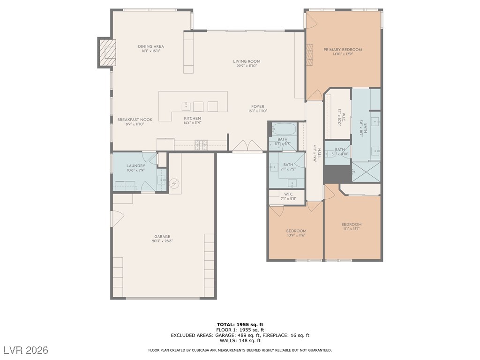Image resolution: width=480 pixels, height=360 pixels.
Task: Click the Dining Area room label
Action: tap(150, 48)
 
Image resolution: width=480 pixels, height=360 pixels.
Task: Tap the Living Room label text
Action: tap(247, 63)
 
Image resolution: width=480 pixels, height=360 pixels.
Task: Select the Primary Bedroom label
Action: tap(343, 52)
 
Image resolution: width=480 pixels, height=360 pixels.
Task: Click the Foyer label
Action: tap(257, 109)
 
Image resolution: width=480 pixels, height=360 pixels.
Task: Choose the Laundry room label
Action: tap(135, 168)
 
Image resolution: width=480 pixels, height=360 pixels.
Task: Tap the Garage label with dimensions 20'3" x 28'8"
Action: tap(162, 239)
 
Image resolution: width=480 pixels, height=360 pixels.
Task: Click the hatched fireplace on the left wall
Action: tap(107, 53)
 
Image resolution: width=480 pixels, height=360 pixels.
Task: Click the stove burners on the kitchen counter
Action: tap(202, 145)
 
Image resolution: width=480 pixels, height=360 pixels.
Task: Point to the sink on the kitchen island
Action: tap(186, 105)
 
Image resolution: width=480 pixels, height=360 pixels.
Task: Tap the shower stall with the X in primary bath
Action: tap(366, 172)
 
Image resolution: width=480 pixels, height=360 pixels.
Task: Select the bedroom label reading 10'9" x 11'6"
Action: tap(296, 233)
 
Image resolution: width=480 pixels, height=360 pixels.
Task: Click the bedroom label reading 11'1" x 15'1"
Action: tap(351, 226)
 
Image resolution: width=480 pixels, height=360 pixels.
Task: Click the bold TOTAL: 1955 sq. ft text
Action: tap(240, 324)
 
